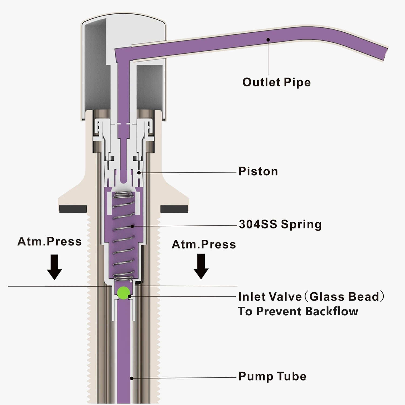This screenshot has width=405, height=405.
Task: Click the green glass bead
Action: [123, 293]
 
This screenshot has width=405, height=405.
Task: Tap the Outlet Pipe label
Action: [276, 82]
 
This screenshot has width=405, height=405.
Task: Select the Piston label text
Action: [258, 171]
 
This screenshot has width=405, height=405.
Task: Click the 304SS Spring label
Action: [280, 224]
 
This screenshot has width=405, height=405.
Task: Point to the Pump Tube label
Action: [272, 376]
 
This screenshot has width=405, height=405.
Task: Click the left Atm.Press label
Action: [49, 241]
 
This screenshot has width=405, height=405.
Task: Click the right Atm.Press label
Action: [204, 244]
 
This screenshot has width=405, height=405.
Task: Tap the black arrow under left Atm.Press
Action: [55, 267]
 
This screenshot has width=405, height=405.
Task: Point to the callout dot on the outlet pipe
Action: [268, 40]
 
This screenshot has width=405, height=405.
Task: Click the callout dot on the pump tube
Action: [132, 378]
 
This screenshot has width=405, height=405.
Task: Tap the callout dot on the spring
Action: [132, 226]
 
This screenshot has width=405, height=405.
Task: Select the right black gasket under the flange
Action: [174, 209]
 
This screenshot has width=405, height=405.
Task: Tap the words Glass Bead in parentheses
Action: [345, 297]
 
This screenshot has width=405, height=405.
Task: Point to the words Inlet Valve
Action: [270, 297]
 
